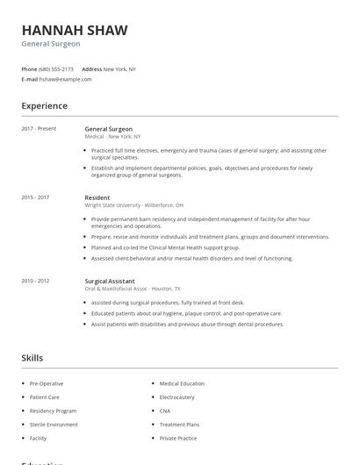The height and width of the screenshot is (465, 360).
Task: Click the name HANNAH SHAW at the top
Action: click(75, 30)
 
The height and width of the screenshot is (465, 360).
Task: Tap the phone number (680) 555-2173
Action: click(57, 68)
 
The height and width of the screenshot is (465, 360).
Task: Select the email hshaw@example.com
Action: click(66, 79)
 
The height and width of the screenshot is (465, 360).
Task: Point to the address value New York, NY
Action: click(119, 68)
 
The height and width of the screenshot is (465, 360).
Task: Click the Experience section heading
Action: click(44, 106)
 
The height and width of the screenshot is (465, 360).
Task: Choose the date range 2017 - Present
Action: click(39, 129)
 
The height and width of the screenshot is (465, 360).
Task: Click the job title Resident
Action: click(97, 197)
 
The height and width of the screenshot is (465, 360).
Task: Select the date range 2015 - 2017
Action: click(35, 197)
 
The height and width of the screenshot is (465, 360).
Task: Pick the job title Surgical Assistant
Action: click(109, 281)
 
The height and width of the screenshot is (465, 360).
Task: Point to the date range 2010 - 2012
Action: click(35, 281)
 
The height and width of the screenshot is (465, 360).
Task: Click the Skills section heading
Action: click(32, 358)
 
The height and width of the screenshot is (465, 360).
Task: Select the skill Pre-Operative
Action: click(47, 383)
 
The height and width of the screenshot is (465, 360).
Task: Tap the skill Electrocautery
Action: click(178, 397)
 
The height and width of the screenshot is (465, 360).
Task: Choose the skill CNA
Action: click(165, 411)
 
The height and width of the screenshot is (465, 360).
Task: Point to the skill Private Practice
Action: click(178, 437)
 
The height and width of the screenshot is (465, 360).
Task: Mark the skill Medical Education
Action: click(182, 383)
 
